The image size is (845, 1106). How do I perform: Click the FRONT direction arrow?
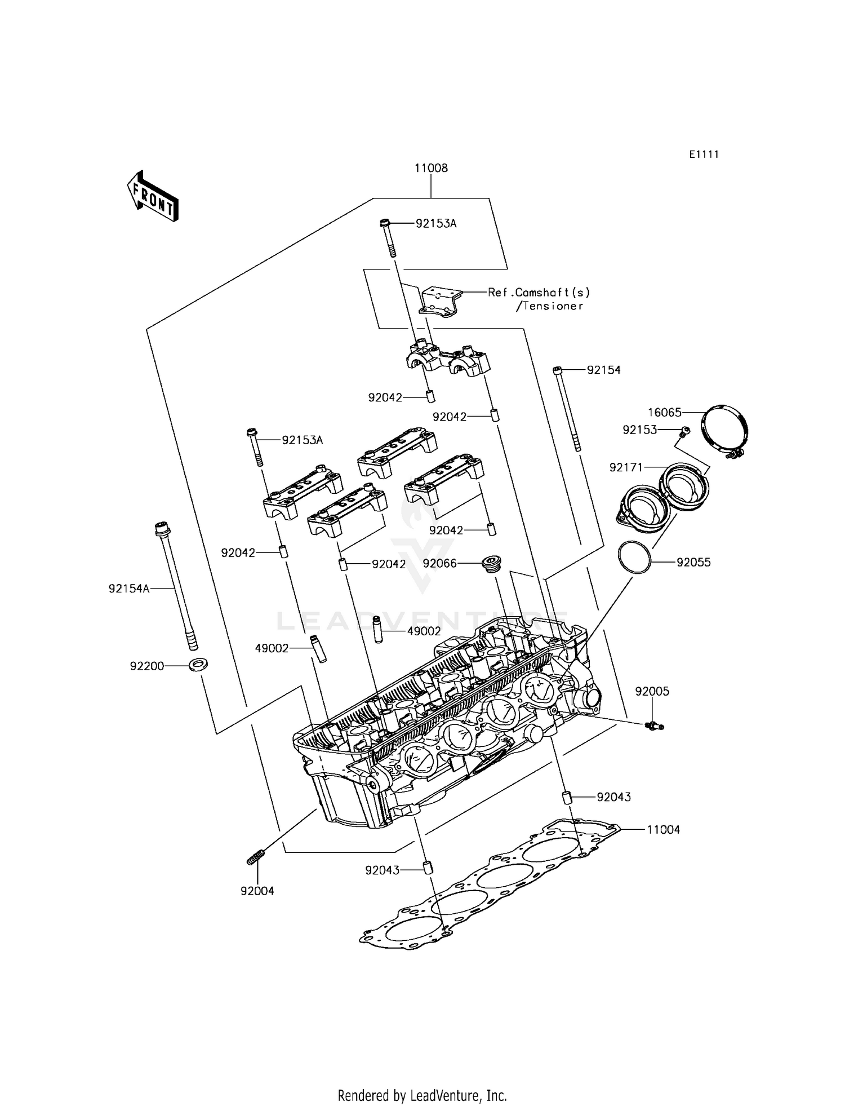click(x=152, y=196)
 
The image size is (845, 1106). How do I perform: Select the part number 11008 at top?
click(x=431, y=168)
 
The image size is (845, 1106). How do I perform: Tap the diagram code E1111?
click(x=704, y=154)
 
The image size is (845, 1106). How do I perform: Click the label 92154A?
click(x=129, y=589)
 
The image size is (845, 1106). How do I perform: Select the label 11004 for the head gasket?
click(x=663, y=830)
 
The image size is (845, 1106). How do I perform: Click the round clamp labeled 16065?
click(x=726, y=430)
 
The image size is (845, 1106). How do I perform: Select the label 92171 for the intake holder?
click(x=626, y=467)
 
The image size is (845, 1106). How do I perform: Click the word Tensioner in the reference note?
click(x=553, y=306)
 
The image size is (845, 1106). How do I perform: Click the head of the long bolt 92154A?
click(x=162, y=529)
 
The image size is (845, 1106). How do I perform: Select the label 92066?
click(x=439, y=563)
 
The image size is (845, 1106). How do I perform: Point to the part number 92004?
click(x=257, y=891)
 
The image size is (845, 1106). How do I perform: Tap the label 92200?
click(x=147, y=666)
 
